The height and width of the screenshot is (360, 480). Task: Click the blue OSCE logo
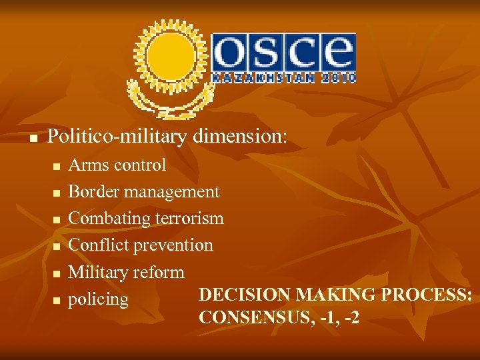284,53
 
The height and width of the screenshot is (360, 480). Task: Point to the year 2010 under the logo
337,78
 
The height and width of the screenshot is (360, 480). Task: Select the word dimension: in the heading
241,137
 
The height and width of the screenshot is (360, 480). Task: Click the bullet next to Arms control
57,166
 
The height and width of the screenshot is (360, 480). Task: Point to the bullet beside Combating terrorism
57,220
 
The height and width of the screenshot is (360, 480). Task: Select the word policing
98,299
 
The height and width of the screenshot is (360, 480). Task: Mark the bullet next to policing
57,301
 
